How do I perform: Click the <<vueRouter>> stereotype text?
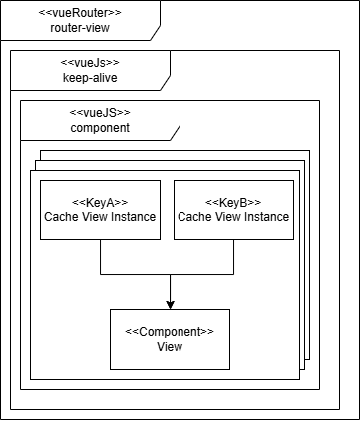coord(80,13)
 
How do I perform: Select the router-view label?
coord(80,28)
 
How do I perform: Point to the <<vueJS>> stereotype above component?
coord(100,112)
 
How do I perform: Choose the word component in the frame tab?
coord(100,127)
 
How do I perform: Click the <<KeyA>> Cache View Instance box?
coord(99,210)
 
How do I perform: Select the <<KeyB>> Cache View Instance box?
coord(233,210)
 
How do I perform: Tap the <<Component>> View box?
coord(170,339)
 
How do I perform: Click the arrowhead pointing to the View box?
coord(170,304)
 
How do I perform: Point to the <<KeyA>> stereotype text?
coord(99,201)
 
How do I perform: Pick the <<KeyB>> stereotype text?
coord(233,201)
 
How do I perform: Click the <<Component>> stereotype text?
coord(170,331)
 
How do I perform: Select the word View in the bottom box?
coord(170,347)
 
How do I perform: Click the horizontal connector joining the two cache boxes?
coord(170,273)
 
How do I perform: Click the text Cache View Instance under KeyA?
coord(99,216)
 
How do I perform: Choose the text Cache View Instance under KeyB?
coord(233,216)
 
